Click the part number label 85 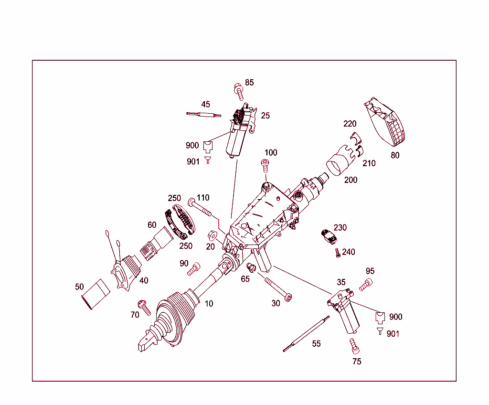click(249, 83)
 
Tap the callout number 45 click(205, 105)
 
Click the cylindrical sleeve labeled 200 click(340, 162)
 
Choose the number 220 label click(350, 124)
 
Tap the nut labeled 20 click(213, 235)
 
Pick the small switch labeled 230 click(329, 235)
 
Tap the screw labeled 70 click(144, 307)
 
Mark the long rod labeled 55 click(306, 333)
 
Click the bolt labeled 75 click(353, 344)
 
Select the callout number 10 click(209, 304)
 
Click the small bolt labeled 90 click(193, 271)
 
